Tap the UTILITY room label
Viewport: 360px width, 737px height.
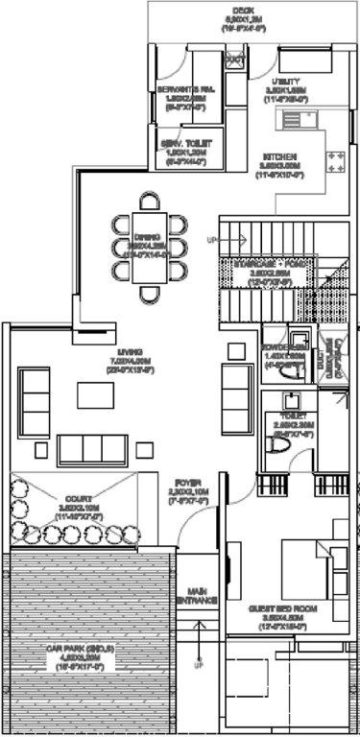pos(288,83)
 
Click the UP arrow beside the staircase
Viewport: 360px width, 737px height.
pos(213,240)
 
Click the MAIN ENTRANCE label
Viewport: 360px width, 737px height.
pos(200,596)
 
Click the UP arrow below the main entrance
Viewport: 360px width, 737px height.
pos(200,662)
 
